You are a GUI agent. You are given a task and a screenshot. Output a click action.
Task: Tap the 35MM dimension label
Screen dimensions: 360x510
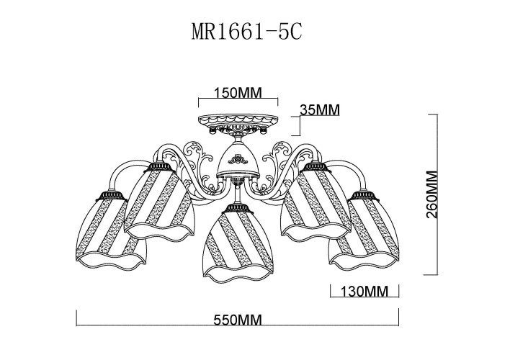[320, 109]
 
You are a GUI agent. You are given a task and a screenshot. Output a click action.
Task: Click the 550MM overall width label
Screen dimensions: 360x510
[237, 320]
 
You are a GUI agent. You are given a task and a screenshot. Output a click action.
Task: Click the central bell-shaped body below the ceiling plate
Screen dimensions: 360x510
[238, 160]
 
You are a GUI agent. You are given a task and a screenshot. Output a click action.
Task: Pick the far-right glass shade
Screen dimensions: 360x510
[363, 230]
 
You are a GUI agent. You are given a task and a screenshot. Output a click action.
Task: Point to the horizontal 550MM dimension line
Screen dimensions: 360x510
[237, 311]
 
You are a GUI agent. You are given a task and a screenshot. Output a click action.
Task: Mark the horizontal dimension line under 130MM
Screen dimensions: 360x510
[364, 299]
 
